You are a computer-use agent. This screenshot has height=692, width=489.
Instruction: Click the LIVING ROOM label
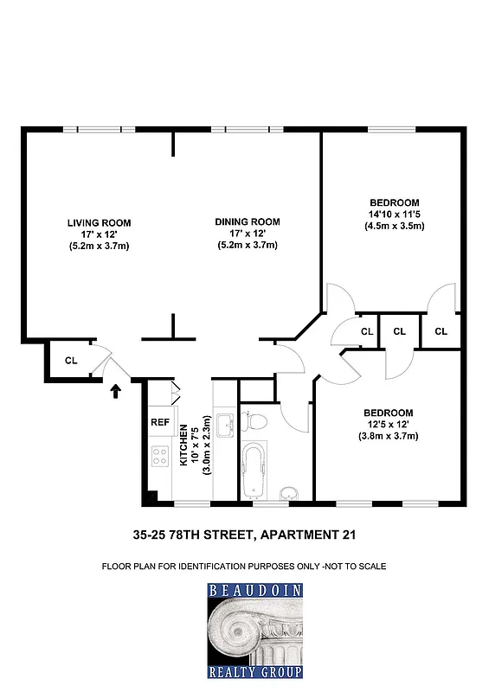point(98,222)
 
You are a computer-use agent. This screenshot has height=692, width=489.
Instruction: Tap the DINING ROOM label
point(248,222)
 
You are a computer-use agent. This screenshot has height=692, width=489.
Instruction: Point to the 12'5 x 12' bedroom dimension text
point(387,424)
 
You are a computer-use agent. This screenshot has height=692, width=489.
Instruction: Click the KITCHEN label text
point(183,446)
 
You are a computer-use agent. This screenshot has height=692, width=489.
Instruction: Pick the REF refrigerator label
point(160,423)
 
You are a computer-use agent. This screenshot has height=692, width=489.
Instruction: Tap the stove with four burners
point(160,455)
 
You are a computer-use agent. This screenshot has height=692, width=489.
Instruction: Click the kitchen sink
point(224,426)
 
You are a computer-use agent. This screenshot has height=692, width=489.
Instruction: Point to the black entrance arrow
point(117,392)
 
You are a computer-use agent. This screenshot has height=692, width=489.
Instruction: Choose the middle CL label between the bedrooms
point(399,330)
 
